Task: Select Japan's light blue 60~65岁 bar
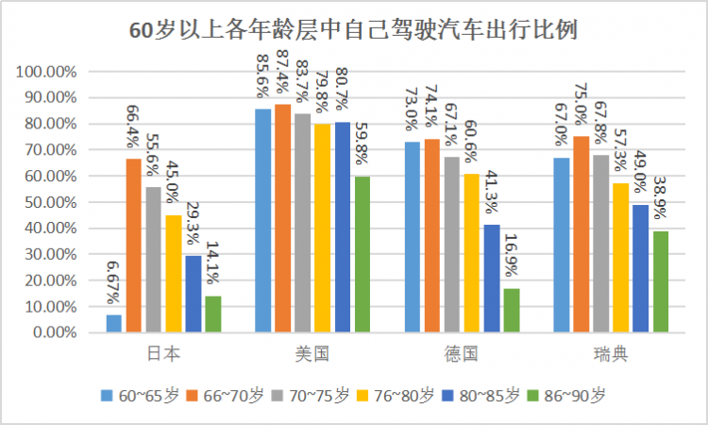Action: [x=114, y=323]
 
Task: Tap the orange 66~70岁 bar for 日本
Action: [x=134, y=246]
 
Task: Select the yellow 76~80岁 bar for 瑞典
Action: [x=621, y=258]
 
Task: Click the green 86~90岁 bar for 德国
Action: [x=512, y=310]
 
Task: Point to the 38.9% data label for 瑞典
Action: [x=661, y=197]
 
